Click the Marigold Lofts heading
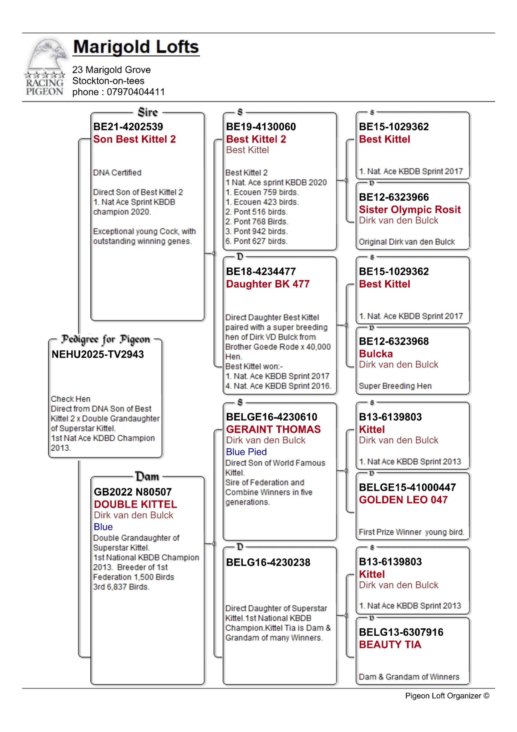[x=136, y=47]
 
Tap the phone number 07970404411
[x=136, y=92]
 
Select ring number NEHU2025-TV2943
[x=98, y=354]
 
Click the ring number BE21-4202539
[x=128, y=127]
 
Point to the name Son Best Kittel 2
[x=134, y=139]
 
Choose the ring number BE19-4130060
[x=261, y=127]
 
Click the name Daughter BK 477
[x=268, y=284]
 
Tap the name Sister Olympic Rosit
[x=410, y=210]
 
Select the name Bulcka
[x=376, y=354]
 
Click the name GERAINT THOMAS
[x=273, y=429]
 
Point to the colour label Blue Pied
[x=246, y=452]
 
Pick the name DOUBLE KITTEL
[x=135, y=504]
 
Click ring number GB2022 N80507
[x=133, y=492]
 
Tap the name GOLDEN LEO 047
[x=403, y=500]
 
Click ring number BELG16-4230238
[x=268, y=562]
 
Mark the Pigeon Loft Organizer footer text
[x=447, y=696]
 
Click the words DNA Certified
[x=117, y=173]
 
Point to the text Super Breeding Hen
[x=395, y=386]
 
